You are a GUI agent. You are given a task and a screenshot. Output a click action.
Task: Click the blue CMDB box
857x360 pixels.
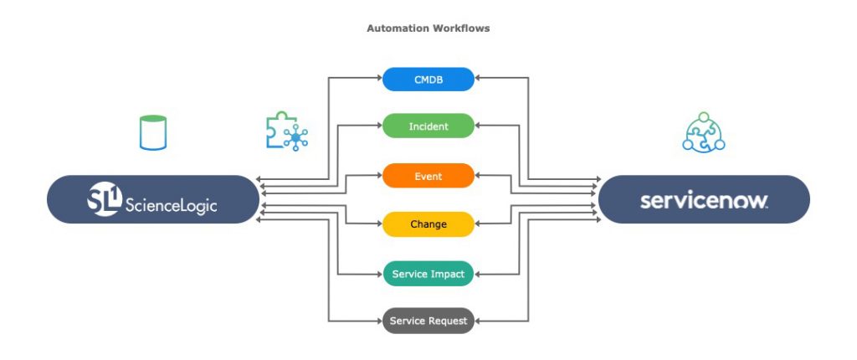tap(428, 80)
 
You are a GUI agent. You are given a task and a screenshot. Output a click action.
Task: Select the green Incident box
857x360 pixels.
tap(428, 126)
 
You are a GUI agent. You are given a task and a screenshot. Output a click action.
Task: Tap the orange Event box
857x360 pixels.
tap(428, 176)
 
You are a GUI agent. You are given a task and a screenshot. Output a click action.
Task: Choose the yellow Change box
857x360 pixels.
tap(428, 224)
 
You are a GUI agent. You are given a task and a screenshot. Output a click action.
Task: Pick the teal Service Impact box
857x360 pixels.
tap(428, 274)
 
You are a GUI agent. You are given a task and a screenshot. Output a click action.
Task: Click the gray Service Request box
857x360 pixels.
tap(428, 321)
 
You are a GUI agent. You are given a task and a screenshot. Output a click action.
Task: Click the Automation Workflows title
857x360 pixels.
tap(428, 28)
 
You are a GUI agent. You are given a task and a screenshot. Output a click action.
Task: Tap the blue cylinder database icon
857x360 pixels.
tap(153, 133)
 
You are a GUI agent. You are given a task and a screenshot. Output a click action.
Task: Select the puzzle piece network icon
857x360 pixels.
tap(285, 133)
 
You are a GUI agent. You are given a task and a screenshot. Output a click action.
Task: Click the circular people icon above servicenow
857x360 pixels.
tap(703, 133)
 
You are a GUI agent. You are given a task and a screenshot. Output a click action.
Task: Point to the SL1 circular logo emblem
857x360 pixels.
tap(105, 199)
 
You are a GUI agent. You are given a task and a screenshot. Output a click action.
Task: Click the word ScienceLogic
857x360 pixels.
tap(171, 202)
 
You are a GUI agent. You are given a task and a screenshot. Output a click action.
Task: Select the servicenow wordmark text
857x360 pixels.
tap(704, 200)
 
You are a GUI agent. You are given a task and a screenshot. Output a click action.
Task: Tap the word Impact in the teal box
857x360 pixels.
tap(448, 274)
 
